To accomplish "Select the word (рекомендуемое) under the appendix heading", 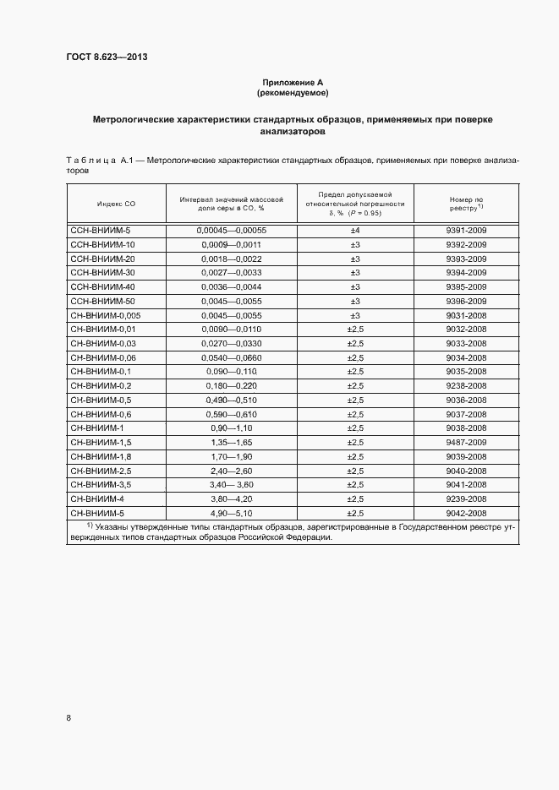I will click(x=293, y=92).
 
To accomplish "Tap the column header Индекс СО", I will click(x=116, y=204).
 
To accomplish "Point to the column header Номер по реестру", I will click(x=466, y=204).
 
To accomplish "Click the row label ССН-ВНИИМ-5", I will click(x=100, y=230).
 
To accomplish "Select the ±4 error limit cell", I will click(x=355, y=230).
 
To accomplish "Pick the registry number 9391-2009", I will click(x=466, y=230).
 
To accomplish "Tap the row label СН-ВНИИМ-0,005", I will click(x=105, y=315).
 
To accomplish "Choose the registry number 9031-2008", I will click(x=466, y=315).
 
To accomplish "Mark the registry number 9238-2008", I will click(x=466, y=386).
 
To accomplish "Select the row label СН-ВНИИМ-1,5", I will click(x=101, y=442).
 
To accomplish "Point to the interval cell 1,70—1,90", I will click(x=232, y=456).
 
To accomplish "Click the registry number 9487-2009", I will click(x=466, y=442).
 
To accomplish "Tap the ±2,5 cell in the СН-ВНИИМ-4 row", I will click(x=355, y=499).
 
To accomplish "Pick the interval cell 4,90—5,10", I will click(x=232, y=513).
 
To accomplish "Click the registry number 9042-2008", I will click(x=466, y=513).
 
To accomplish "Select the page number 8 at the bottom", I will click(x=69, y=718).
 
